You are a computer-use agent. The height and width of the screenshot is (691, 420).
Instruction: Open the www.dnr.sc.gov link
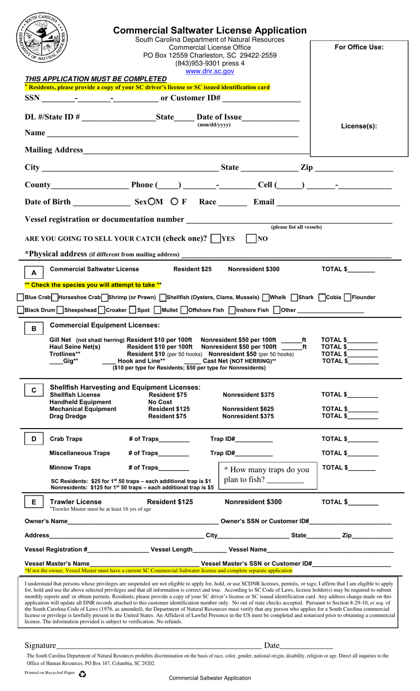click(x=210, y=71)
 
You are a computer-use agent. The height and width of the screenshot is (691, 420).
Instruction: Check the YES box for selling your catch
click(x=216, y=239)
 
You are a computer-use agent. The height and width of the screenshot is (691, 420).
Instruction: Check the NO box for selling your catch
click(x=251, y=239)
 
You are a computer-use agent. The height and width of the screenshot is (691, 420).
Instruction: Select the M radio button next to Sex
click(x=152, y=202)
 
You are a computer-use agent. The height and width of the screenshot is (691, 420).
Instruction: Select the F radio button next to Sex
click(x=175, y=202)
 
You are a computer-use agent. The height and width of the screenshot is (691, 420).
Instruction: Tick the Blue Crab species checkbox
click(x=20, y=297)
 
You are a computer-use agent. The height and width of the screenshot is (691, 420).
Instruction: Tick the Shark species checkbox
click(x=294, y=297)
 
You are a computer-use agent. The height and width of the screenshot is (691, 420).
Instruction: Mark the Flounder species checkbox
click(x=347, y=297)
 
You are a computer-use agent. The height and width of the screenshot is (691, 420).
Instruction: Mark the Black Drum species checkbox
click(x=20, y=310)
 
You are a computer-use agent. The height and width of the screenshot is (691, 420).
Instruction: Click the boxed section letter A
click(x=34, y=273)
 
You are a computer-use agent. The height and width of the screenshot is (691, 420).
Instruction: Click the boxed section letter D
click(x=34, y=439)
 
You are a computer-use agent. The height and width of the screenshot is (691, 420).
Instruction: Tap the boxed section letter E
click(x=34, y=502)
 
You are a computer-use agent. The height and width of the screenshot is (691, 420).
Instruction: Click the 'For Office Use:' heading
click(x=359, y=47)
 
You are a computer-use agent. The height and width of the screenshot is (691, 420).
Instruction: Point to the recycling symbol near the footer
click(x=82, y=674)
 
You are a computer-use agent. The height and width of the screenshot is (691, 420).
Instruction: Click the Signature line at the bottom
click(x=159, y=645)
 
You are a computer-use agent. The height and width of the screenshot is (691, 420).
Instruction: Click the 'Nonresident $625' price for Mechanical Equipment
click(x=248, y=409)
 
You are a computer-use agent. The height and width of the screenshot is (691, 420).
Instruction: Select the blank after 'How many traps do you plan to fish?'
click(x=286, y=480)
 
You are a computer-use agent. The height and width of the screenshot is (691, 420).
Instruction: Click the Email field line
click(x=338, y=202)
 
